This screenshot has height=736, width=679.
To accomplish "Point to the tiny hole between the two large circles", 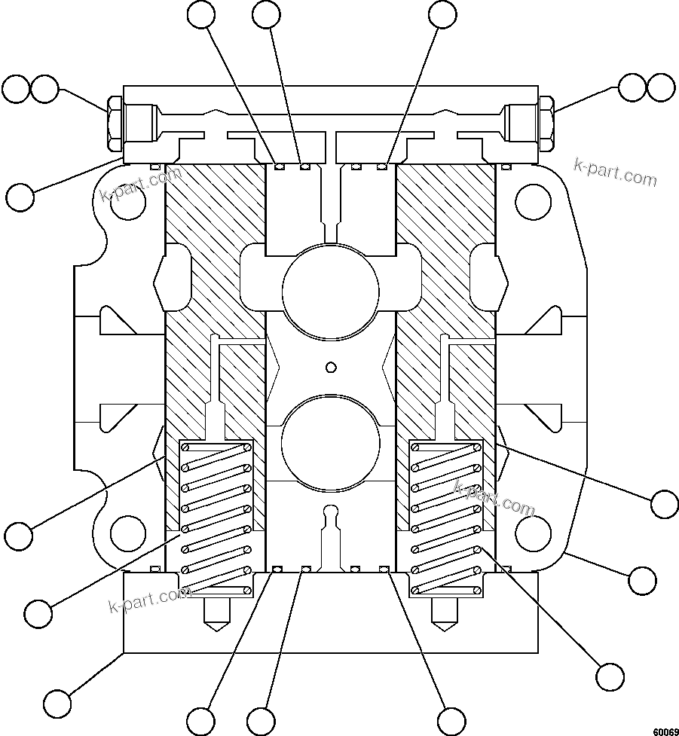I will [x=329, y=367].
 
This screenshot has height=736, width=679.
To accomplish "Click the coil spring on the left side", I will [x=216, y=517].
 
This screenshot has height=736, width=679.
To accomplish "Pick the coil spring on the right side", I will [x=445, y=517].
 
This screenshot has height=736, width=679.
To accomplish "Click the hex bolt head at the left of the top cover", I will [x=115, y=124].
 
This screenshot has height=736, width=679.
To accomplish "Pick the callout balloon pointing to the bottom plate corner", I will [x=57, y=703].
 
